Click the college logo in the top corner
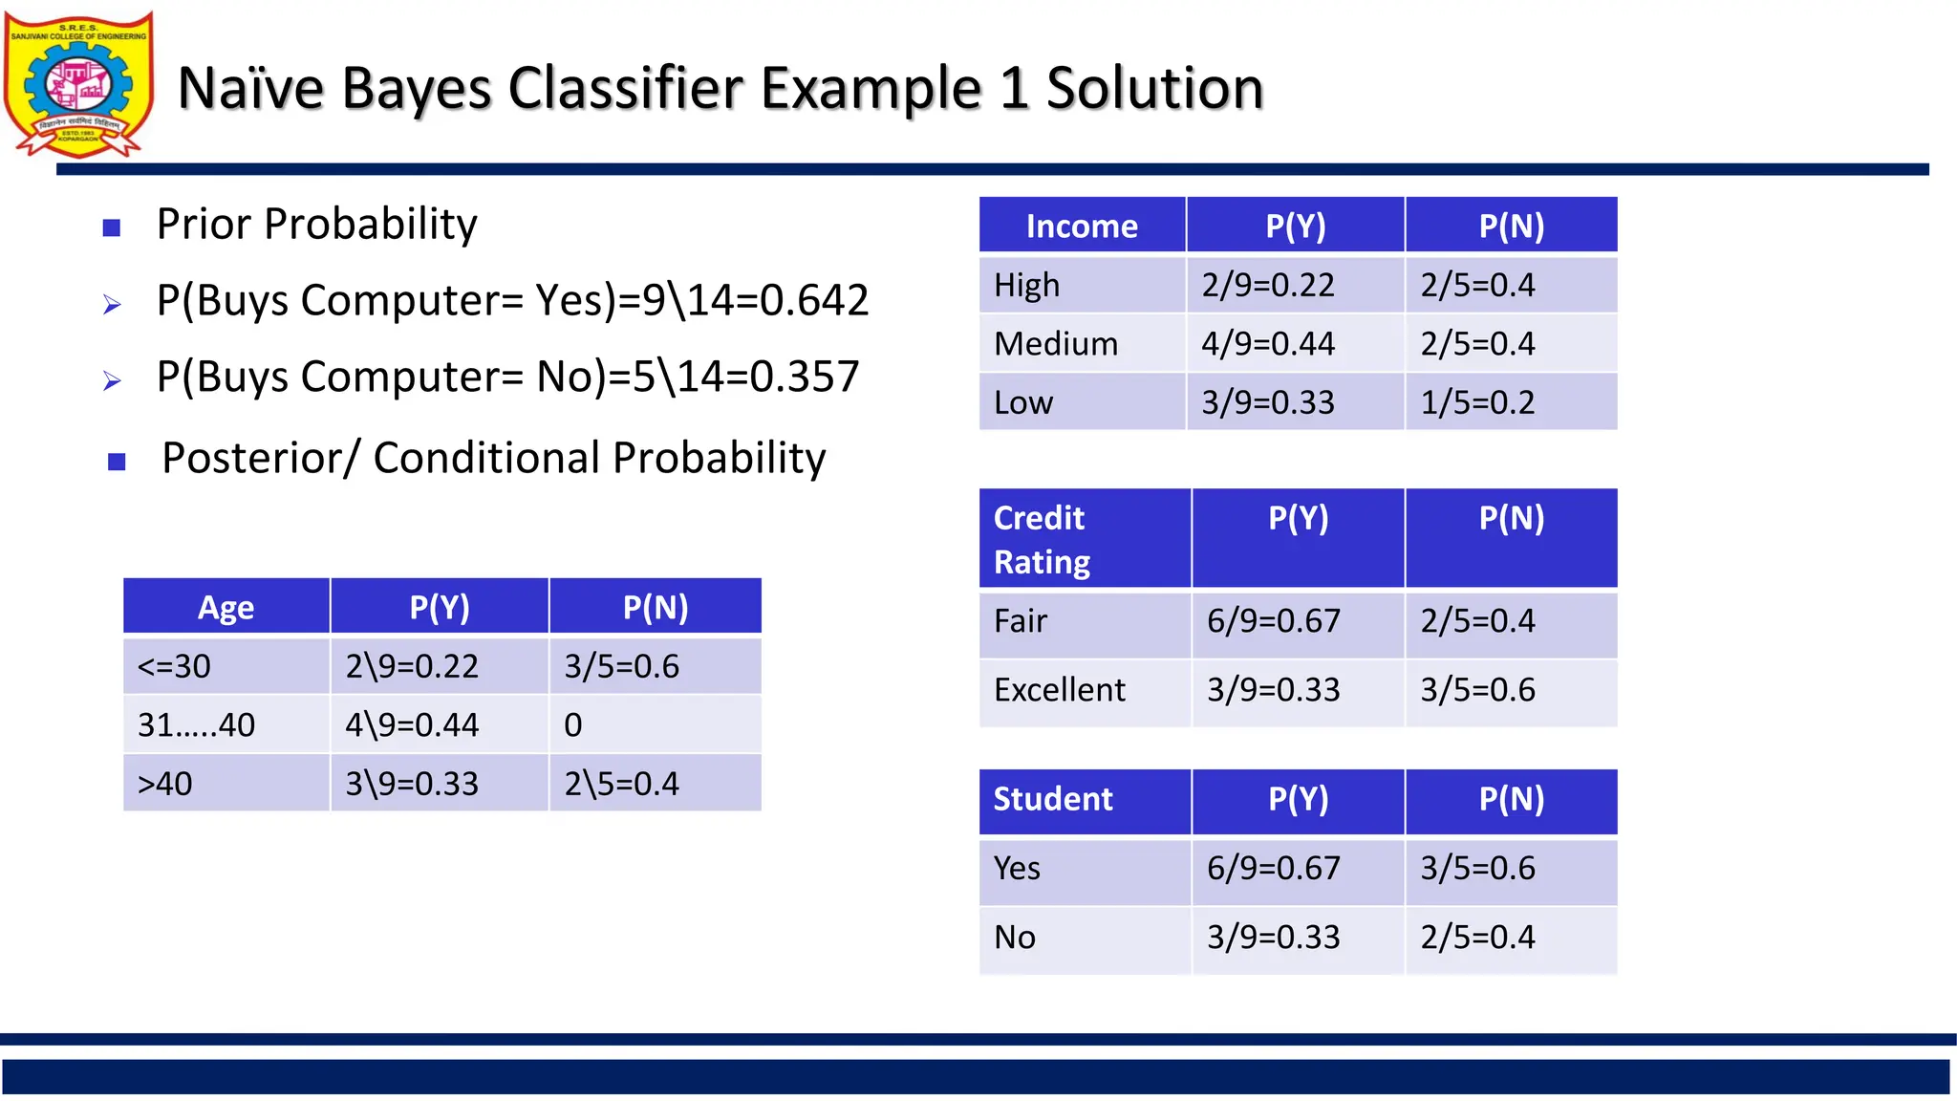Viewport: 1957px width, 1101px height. [78, 84]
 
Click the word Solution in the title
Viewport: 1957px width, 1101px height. [1154, 89]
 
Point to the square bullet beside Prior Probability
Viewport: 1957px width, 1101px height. [112, 227]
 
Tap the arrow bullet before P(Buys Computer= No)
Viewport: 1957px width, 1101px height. [112, 381]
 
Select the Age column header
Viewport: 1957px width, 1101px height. [226, 608]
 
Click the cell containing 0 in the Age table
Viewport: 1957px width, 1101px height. [573, 725]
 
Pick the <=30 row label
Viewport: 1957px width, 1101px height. [174, 666]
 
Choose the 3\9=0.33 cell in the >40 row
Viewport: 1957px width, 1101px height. [412, 784]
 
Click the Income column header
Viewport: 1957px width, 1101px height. [1082, 227]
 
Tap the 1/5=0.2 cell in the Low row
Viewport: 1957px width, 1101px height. [1477, 402]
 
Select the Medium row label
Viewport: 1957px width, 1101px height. [1056, 344]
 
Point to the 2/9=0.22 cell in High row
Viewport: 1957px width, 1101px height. [1268, 285]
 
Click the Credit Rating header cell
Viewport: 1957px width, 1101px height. [1042, 539]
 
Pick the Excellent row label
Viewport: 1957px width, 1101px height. [1060, 690]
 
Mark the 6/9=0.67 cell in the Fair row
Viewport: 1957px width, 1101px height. [1273, 621]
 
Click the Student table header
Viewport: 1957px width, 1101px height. [1053, 799]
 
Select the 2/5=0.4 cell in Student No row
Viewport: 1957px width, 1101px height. [1477, 938]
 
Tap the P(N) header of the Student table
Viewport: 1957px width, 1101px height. [1511, 799]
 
